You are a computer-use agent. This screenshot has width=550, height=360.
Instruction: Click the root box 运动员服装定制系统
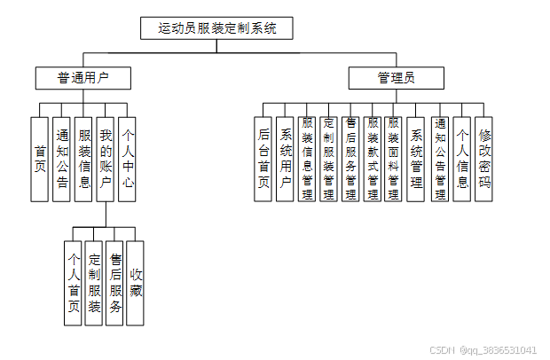pyautogui.click(x=216, y=28)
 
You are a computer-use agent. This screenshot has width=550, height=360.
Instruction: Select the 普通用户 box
pyautogui.click(x=83, y=78)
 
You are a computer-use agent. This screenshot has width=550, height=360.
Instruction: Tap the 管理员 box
pyautogui.click(x=396, y=78)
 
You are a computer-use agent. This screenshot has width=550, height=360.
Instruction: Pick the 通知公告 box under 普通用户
pyautogui.click(x=61, y=160)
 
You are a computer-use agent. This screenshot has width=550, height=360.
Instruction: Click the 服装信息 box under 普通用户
pyautogui.click(x=83, y=160)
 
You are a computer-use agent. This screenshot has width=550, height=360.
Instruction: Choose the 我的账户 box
pyautogui.click(x=106, y=160)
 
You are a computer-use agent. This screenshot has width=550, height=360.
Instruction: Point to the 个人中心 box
pyautogui.click(x=128, y=160)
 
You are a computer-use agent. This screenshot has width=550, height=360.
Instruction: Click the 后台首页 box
pyautogui.click(x=263, y=160)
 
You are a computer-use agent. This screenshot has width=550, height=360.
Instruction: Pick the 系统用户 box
pyautogui.click(x=286, y=160)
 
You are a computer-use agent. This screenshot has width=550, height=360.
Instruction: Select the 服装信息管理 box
pyautogui.click(x=307, y=160)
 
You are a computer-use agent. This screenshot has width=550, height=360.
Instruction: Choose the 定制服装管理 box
pyautogui.click(x=329, y=160)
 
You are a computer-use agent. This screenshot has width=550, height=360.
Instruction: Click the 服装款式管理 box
pyautogui.click(x=373, y=160)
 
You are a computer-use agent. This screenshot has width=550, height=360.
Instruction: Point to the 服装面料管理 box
pyautogui.click(x=395, y=160)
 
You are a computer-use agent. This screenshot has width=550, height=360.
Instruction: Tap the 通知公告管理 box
pyautogui.click(x=440, y=160)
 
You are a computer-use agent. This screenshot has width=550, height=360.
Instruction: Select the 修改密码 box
pyautogui.click(x=484, y=160)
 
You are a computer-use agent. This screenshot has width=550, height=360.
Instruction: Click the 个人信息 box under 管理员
pyautogui.click(x=462, y=160)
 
